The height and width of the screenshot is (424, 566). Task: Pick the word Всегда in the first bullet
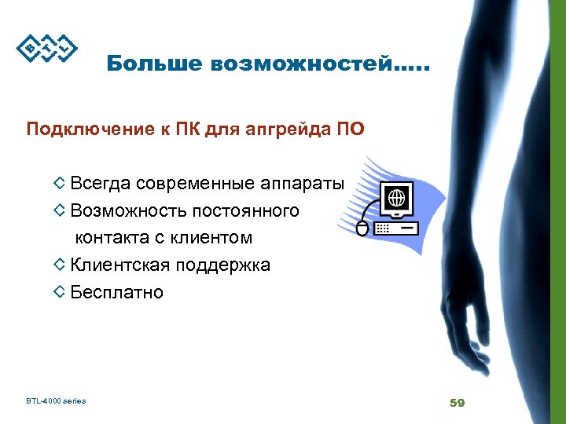click(100, 184)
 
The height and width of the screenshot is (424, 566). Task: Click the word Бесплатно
click(117, 292)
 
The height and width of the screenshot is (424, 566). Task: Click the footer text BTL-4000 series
click(55, 401)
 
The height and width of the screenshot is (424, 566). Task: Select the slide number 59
click(457, 403)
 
